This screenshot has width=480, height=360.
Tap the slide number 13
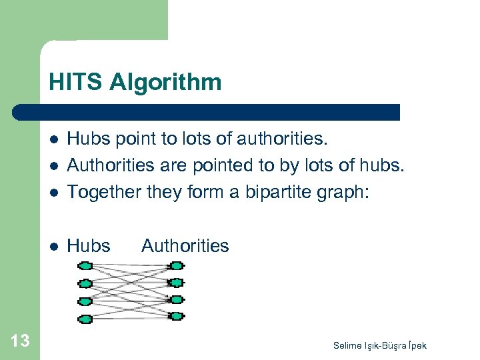tap(20, 341)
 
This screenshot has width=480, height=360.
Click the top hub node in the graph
tap(85, 266)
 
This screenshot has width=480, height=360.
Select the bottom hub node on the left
tap(85, 319)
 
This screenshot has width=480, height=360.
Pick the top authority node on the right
tap(176, 266)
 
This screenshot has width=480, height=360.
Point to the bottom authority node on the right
tap(176, 316)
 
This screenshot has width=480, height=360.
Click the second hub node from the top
tap(85, 283)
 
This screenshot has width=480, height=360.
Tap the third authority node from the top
tap(176, 299)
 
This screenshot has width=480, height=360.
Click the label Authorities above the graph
tap(185, 246)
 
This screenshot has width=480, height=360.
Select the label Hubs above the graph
tap(89, 246)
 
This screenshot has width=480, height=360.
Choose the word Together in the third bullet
tap(98, 192)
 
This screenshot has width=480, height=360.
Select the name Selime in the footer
tap(348, 345)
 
